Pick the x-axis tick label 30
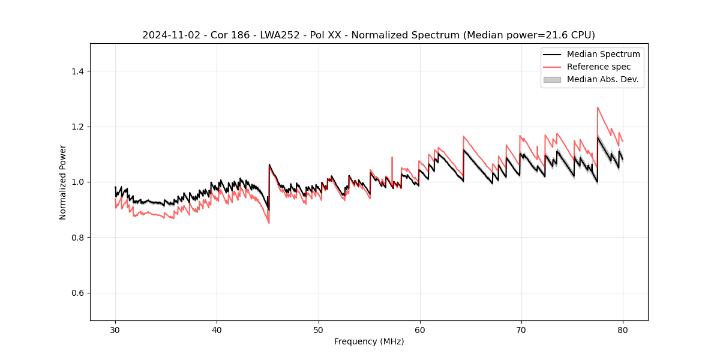[115, 330]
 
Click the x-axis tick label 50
[319, 330]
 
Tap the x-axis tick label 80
[623, 330]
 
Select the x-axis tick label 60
[420, 330]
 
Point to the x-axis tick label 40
[217, 330]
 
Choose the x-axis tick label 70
[521, 330]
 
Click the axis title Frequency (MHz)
[369, 341]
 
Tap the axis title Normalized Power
[63, 182]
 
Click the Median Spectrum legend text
[603, 54]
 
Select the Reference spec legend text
[599, 67]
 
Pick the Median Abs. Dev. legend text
[603, 79]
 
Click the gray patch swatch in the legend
[552, 79]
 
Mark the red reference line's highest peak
[598, 107]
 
